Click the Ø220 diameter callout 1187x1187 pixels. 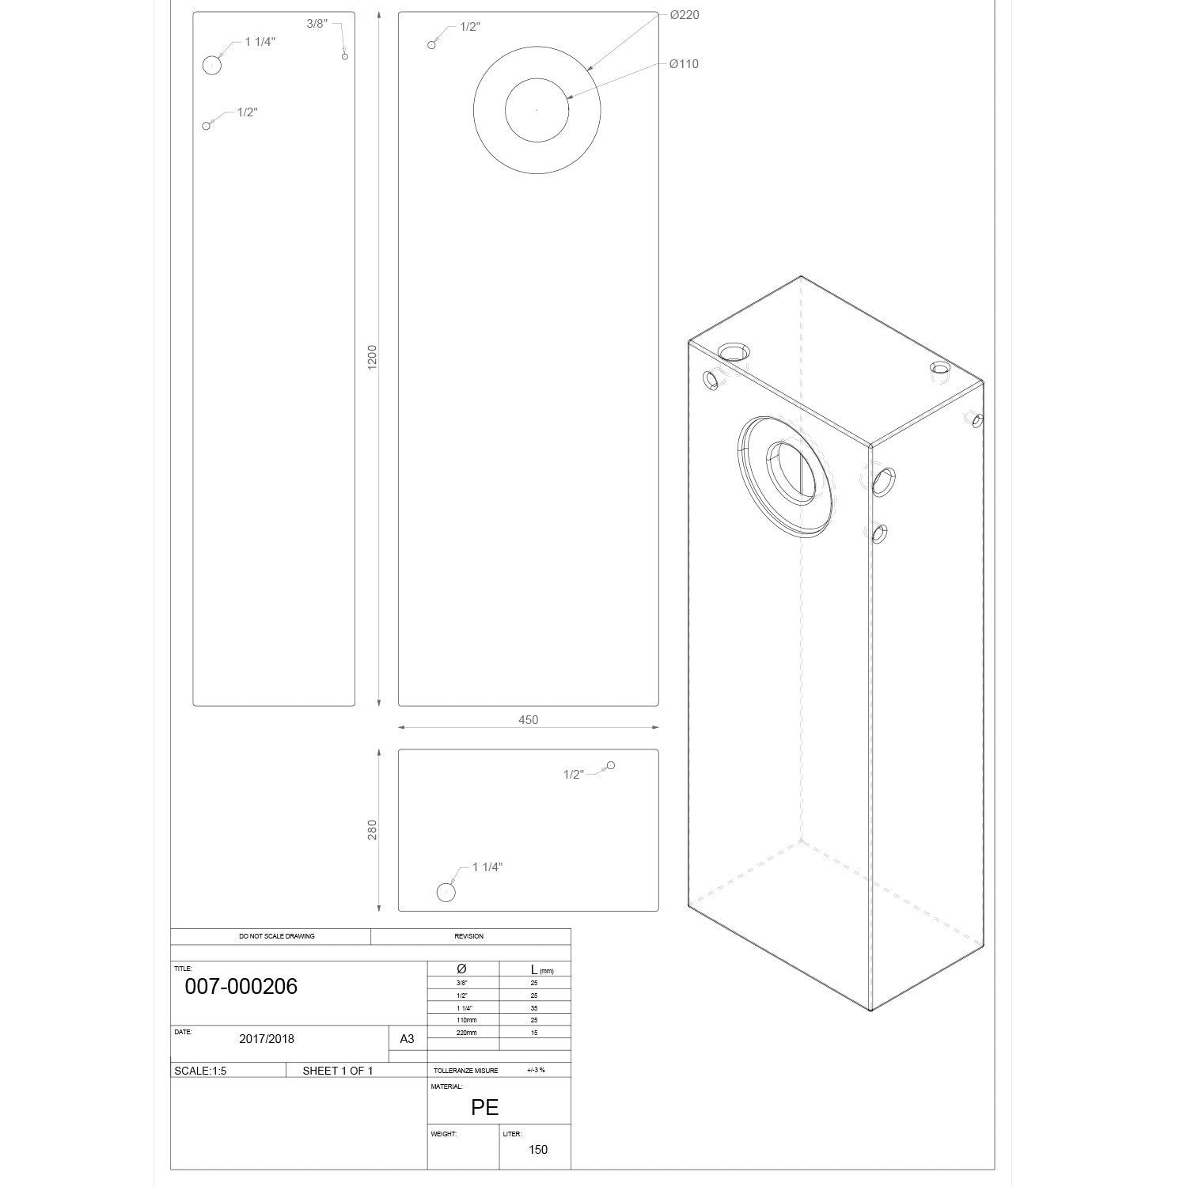point(684,15)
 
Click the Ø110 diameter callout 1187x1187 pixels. point(684,64)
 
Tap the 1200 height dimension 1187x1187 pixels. point(373,356)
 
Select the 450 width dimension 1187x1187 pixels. point(528,720)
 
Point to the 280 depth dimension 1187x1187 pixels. point(373,829)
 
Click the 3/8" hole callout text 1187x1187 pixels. point(317,24)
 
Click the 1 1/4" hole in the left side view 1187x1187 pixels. point(211,65)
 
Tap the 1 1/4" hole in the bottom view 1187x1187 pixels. point(446,893)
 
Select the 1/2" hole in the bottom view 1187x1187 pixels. point(610,765)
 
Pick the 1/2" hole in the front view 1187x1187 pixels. point(431,45)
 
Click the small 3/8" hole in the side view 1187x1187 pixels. point(344,56)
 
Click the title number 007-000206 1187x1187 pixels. point(241,986)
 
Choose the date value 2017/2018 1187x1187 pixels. point(267,1039)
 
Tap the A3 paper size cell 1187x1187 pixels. point(407,1039)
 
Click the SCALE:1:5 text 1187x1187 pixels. point(200,1071)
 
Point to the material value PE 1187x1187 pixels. point(484,1107)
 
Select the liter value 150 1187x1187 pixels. point(538,1150)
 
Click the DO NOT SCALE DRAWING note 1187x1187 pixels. point(277,936)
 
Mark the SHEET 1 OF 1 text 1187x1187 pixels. point(338,1071)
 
